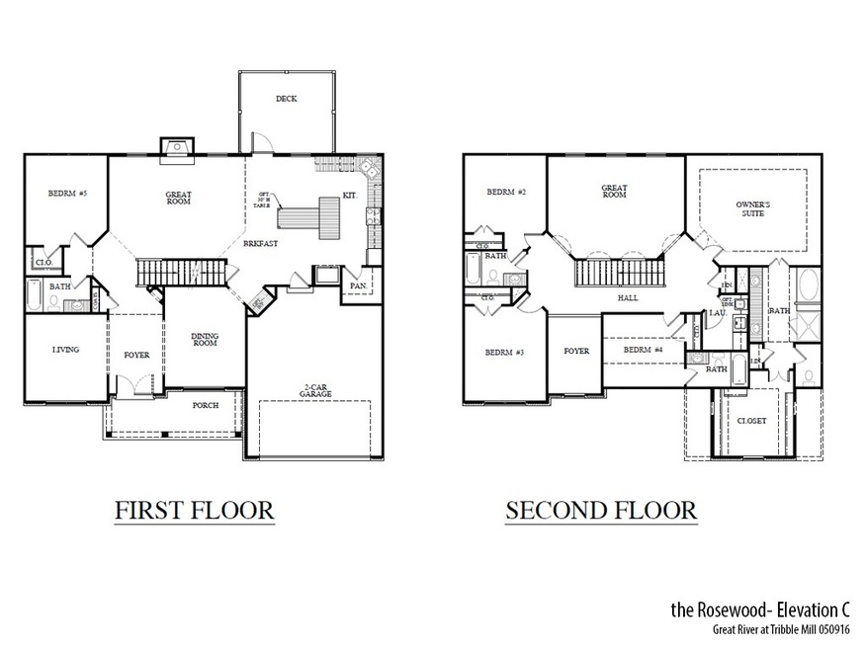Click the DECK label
(287, 99)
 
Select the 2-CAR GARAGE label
(316, 390)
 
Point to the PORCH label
(206, 404)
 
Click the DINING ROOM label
(205, 340)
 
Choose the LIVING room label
(64, 350)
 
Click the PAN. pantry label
(356, 286)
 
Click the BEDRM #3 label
(504, 353)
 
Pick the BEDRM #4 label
(642, 350)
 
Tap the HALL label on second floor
(628, 297)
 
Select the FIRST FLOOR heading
(194, 511)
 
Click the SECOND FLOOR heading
(601, 511)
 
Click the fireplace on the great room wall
(178, 148)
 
